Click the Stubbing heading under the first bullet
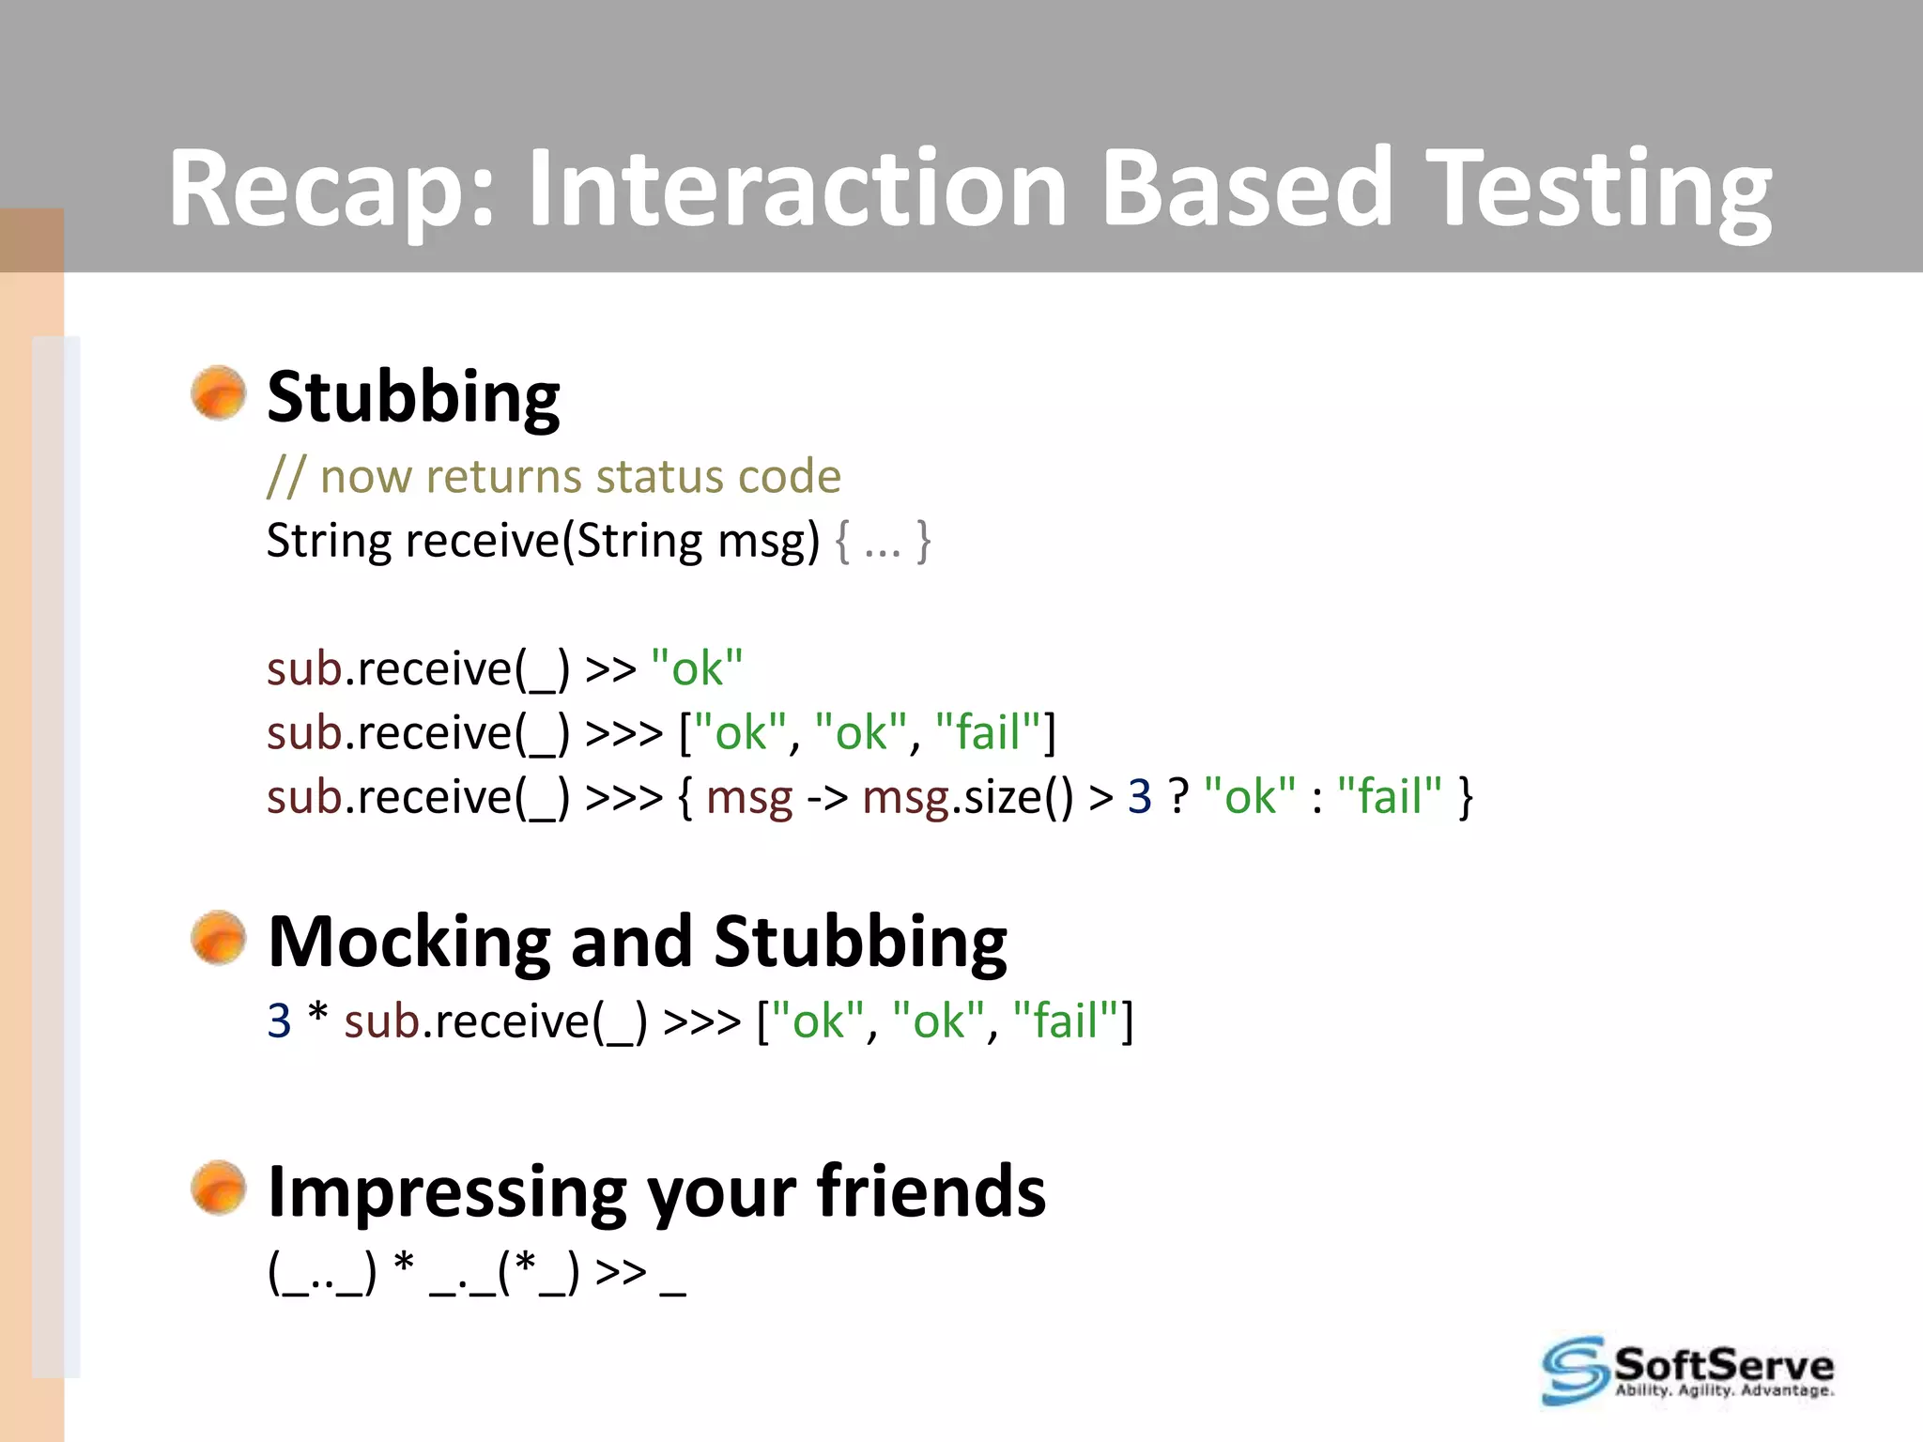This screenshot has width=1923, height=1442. (413, 397)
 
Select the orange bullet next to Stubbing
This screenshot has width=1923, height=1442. (218, 392)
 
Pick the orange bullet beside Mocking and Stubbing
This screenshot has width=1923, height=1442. (218, 937)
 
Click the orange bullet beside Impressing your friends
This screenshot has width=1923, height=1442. (218, 1188)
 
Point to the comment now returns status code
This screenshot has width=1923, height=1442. (554, 476)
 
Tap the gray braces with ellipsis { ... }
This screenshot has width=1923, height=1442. (883, 542)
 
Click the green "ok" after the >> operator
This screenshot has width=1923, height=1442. (697, 668)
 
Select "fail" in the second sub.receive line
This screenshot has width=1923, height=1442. (989, 732)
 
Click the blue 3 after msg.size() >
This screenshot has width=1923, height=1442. (1139, 796)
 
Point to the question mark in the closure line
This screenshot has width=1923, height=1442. (1178, 796)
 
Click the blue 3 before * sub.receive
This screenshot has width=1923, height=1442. (279, 1020)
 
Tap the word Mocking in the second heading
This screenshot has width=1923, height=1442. (409, 942)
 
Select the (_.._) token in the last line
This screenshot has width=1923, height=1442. (322, 1273)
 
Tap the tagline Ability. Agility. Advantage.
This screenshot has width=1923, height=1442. (1723, 1390)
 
